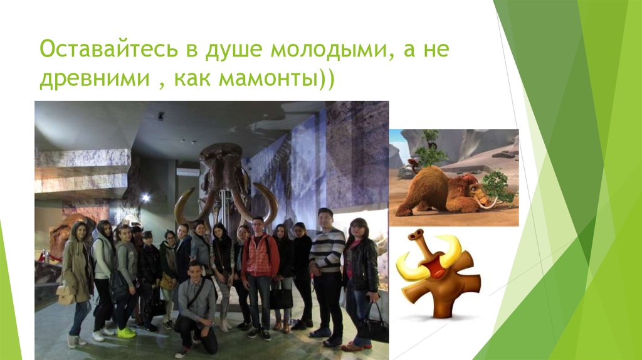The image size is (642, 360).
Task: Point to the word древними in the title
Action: pyautogui.click(x=88, y=81)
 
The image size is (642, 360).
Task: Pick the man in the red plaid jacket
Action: pyautogui.click(x=260, y=257)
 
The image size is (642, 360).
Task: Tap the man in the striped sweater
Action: pyautogui.click(x=326, y=251)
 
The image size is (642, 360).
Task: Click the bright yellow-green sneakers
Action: pyautogui.click(x=125, y=332)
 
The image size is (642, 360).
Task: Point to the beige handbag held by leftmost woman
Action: pyautogui.click(x=65, y=294)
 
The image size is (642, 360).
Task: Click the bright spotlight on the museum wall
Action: pyautogui.click(x=145, y=198)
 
